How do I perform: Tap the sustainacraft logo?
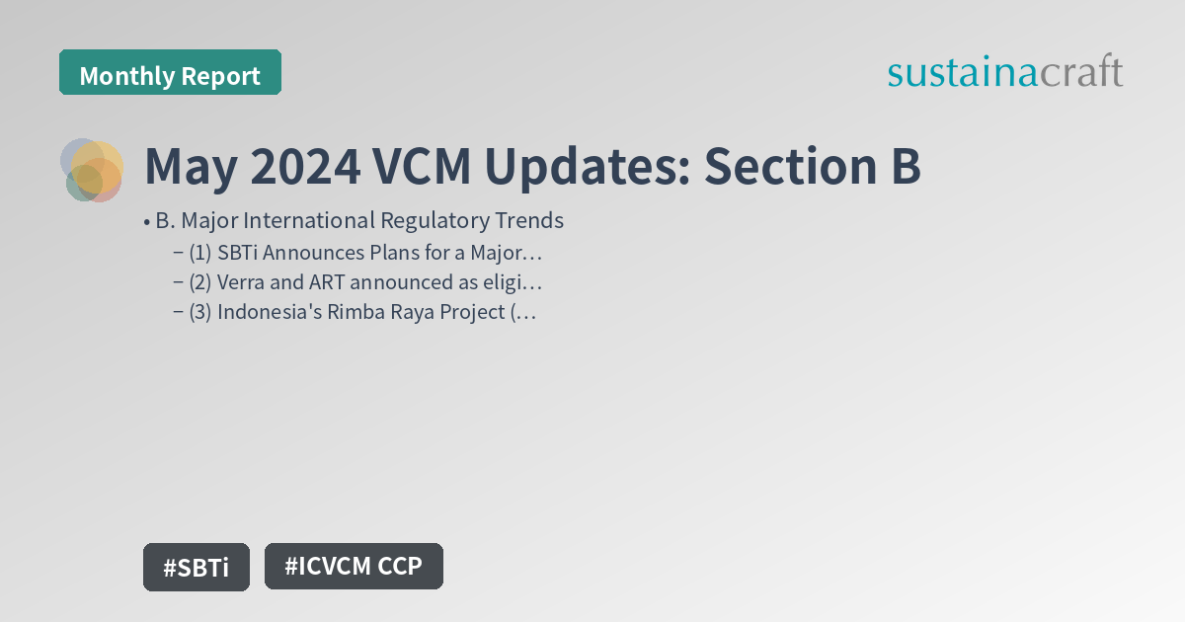(1004, 72)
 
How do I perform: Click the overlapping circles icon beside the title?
(92, 170)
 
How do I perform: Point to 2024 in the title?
(304, 167)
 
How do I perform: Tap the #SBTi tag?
(196, 568)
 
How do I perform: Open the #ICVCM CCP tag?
(354, 567)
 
